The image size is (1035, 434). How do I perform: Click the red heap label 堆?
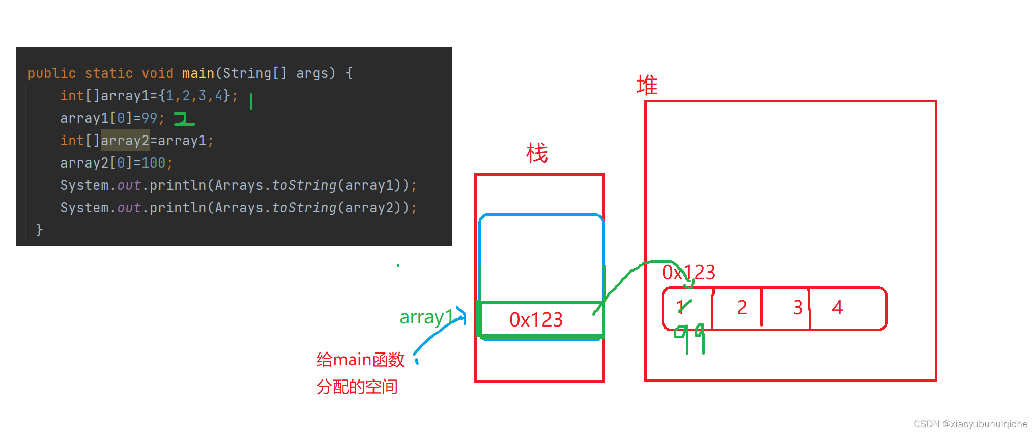coord(647,85)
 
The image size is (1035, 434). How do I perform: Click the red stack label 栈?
coord(537,153)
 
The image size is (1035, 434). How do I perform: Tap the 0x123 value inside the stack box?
coord(536,320)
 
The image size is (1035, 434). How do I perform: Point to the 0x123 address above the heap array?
coord(688,273)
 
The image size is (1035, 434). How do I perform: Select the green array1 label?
coord(426,317)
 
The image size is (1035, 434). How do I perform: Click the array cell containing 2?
coord(742,308)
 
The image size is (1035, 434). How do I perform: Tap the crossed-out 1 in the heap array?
coord(682,307)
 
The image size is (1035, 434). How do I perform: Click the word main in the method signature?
coord(198,73)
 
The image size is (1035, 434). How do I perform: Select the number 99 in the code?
coord(149,118)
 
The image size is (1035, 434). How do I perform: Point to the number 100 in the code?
coord(153,163)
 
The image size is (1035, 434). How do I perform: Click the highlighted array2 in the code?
coord(125,141)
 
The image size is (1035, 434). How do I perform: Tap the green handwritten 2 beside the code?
coord(184,119)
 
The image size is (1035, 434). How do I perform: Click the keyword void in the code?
coord(157,73)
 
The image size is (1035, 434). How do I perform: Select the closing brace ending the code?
coord(39,230)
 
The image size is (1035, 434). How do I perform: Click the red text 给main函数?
coord(360,360)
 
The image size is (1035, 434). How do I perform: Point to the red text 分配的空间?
coord(357,387)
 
